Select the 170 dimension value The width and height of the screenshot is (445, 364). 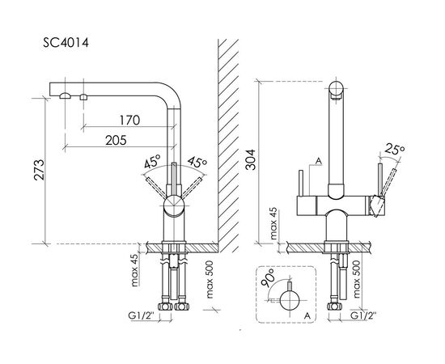coord(129,121)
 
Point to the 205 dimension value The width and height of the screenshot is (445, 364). coord(116,140)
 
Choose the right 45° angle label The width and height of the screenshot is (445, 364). coord(197,163)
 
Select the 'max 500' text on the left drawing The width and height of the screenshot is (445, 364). coord(210,280)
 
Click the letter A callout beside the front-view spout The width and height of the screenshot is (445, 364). coord(320,162)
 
